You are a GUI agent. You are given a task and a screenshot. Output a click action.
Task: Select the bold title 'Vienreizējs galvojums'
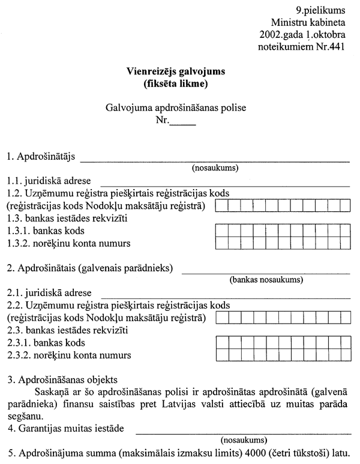[176, 72]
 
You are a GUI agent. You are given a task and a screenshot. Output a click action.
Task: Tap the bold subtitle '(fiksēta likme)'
[176, 84]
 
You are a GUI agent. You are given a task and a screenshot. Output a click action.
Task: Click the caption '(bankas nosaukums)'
[265, 280]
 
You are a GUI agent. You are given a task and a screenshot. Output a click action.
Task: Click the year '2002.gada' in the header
[281, 34]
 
